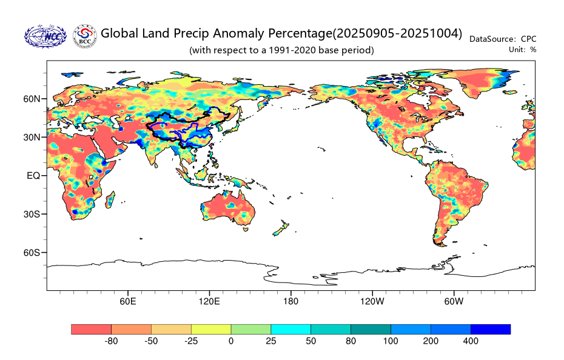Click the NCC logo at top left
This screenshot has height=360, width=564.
(x=45, y=36)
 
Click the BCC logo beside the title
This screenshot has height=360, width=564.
(x=84, y=36)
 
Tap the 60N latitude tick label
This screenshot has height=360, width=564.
(x=32, y=99)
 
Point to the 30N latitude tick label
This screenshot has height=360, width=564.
(x=32, y=137)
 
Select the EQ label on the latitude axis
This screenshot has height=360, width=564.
(x=33, y=176)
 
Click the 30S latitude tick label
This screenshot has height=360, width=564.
(x=32, y=214)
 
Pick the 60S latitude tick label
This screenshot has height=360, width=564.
(x=32, y=252)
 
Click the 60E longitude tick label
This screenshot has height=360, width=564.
(x=127, y=301)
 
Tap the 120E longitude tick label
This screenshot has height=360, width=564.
(x=209, y=301)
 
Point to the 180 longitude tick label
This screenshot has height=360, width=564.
(x=290, y=301)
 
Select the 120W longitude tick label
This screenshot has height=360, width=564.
(x=372, y=301)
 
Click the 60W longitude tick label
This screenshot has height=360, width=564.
(x=454, y=301)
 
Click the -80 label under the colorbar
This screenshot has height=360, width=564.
(x=111, y=341)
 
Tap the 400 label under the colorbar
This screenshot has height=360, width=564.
(x=471, y=341)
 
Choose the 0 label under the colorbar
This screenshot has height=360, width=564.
(x=230, y=341)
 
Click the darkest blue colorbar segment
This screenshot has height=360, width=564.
(x=490, y=329)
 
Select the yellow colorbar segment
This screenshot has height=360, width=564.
(x=210, y=329)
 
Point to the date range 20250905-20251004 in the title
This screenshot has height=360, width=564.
(x=398, y=33)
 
